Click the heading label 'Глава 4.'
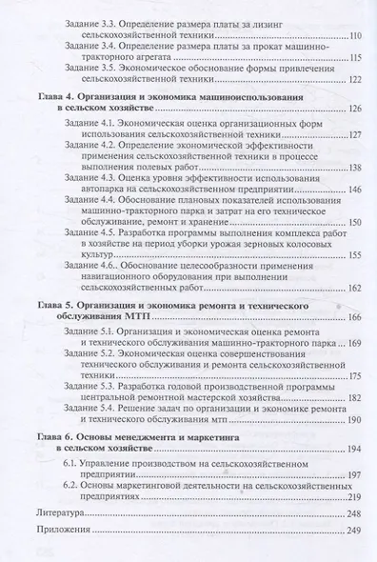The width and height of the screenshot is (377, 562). [58, 100]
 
